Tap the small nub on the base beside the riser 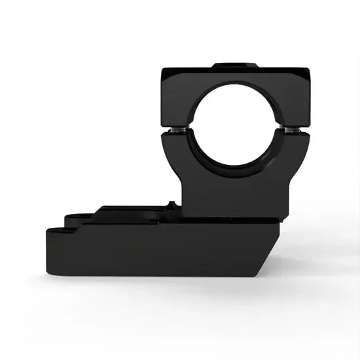(172, 205)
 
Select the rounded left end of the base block (47, 252)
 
